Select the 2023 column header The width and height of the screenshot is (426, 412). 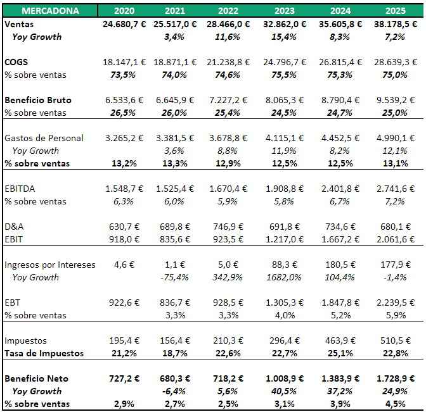pos(285,11)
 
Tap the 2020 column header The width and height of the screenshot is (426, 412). pos(124,11)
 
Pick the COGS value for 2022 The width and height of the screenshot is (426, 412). pos(229,62)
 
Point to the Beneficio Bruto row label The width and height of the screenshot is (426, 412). pos(38,100)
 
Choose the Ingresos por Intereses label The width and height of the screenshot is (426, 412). pos(50,265)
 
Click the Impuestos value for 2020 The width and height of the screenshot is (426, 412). pos(128,340)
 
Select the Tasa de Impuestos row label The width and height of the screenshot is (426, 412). pos(44,353)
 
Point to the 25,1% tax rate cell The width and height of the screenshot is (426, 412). pos(340,353)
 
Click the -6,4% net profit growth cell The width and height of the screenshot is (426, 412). pos(179,391)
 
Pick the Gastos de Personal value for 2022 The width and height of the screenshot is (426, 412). pos(229,138)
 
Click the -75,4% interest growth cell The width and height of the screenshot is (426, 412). pos(179,277)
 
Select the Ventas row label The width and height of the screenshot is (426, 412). pos(18,24)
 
